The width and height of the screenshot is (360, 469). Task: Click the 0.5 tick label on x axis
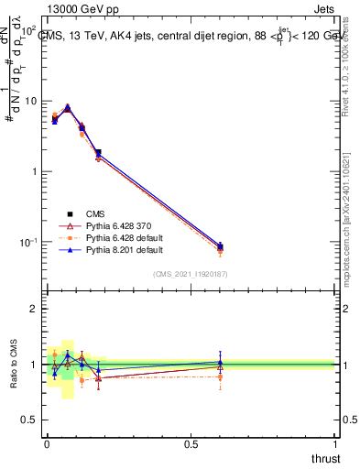pos(190,443)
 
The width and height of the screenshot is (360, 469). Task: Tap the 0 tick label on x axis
pos(46,443)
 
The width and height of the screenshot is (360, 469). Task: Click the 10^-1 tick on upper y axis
pos(29,242)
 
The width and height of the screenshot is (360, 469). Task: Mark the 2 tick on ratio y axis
pos(35,309)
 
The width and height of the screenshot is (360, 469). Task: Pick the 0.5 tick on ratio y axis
pos(31,420)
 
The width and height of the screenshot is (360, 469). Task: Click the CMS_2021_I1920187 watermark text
pos(190,274)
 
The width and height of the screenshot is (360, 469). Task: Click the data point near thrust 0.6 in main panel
pos(220,245)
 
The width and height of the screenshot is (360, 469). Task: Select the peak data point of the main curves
pos(68,108)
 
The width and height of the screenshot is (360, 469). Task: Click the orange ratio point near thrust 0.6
pos(220,376)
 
